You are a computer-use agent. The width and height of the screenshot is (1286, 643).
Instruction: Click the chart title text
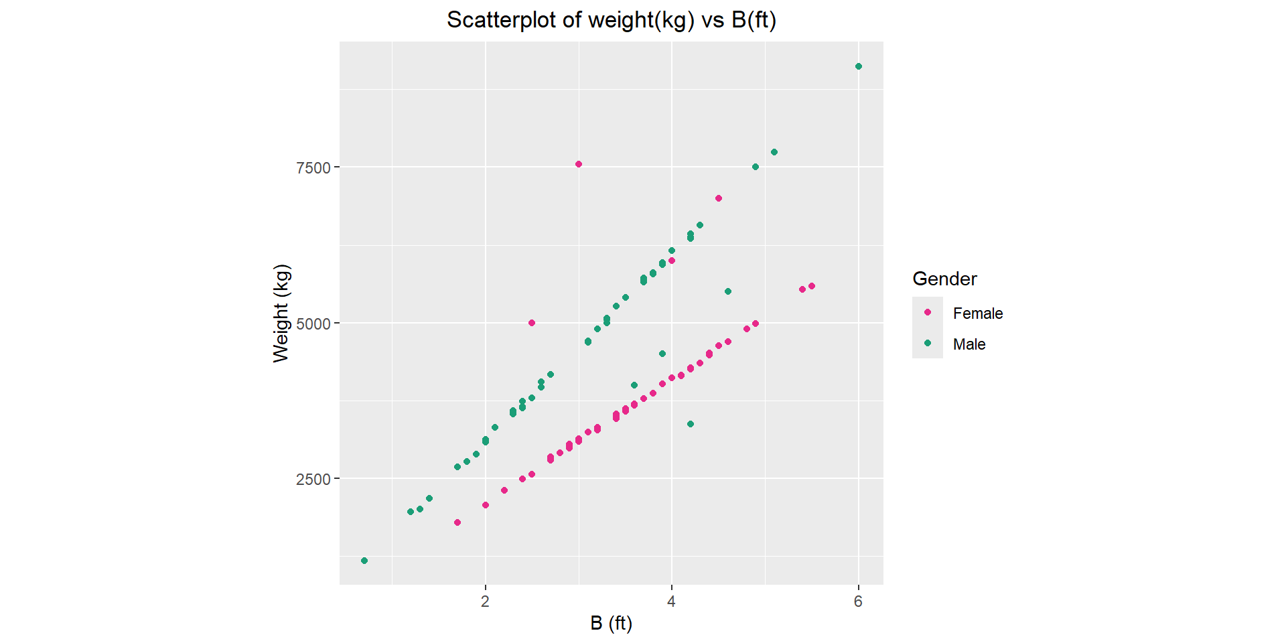[x=611, y=20]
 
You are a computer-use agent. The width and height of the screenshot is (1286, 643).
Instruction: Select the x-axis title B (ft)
[x=611, y=623]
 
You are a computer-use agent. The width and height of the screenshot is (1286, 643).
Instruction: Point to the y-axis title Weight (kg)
[x=281, y=313]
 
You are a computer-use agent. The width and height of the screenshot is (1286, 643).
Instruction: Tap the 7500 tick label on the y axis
[x=313, y=167]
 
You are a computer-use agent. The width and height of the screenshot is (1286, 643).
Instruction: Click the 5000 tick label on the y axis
[x=313, y=324]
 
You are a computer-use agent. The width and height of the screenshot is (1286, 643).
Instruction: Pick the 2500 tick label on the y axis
[x=313, y=480]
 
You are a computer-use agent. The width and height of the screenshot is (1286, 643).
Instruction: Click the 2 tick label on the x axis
[x=485, y=601]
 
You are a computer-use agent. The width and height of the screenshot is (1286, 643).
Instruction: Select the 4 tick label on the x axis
[x=671, y=601]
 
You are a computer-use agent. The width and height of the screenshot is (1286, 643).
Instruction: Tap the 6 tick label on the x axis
[x=858, y=601]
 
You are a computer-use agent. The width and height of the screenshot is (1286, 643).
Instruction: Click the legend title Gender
[x=944, y=279]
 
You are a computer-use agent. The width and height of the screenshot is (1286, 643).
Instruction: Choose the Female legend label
[x=978, y=313]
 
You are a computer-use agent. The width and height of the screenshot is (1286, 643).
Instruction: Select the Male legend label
[x=969, y=344]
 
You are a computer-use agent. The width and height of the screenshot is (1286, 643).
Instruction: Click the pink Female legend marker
[x=928, y=312]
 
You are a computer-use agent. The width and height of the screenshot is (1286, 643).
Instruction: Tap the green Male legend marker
[x=928, y=343]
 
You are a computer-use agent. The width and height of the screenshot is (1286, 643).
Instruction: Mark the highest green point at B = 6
[x=859, y=66]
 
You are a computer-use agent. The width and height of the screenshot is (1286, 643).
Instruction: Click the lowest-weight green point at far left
[x=364, y=561]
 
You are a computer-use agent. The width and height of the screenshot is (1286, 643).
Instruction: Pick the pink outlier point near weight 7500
[x=579, y=164]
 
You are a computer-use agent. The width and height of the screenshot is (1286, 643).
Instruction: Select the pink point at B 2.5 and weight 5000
[x=532, y=323]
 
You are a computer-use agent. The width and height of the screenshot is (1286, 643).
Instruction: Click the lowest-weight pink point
[x=457, y=522]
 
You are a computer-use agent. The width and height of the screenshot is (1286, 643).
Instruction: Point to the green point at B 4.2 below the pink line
[x=691, y=424]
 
